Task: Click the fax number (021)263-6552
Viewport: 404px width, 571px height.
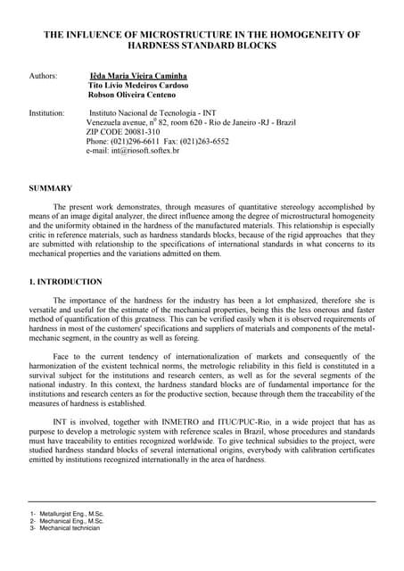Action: tap(206, 140)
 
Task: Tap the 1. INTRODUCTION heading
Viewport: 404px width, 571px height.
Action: tap(66, 283)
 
